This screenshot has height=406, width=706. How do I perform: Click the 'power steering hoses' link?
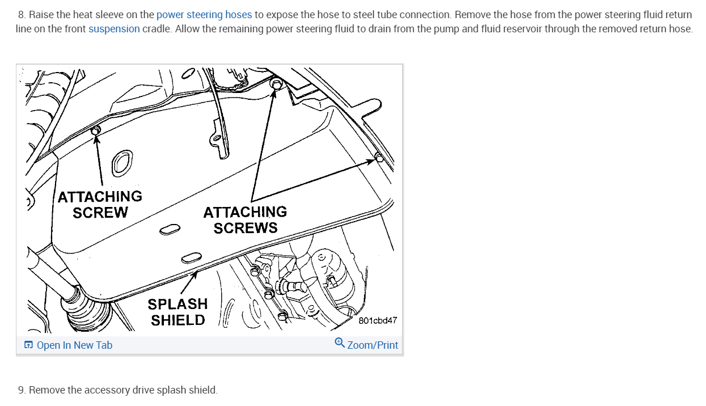pyautogui.click(x=204, y=15)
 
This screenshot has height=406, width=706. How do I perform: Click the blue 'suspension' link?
pyautogui.click(x=114, y=29)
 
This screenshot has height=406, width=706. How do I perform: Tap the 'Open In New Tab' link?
pyautogui.click(x=74, y=345)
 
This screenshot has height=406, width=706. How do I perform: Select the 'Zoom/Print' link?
pyautogui.click(x=373, y=345)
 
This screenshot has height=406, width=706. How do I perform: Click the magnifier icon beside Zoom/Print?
pyautogui.click(x=340, y=343)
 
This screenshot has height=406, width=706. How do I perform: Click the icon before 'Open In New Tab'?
pyautogui.click(x=28, y=345)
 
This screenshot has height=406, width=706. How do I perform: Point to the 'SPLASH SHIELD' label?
pyautogui.click(x=177, y=312)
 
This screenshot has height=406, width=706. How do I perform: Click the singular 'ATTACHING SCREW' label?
pyautogui.click(x=100, y=204)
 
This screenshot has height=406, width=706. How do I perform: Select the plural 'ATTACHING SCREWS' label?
pyautogui.click(x=245, y=220)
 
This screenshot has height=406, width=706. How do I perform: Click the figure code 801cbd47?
pyautogui.click(x=378, y=320)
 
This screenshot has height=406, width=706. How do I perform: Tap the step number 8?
pyautogui.click(x=21, y=15)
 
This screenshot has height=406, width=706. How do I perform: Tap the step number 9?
pyautogui.click(x=21, y=390)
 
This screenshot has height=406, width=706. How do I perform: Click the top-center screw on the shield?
pyautogui.click(x=277, y=84)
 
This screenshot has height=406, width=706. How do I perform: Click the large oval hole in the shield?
pyautogui.click(x=121, y=163)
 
